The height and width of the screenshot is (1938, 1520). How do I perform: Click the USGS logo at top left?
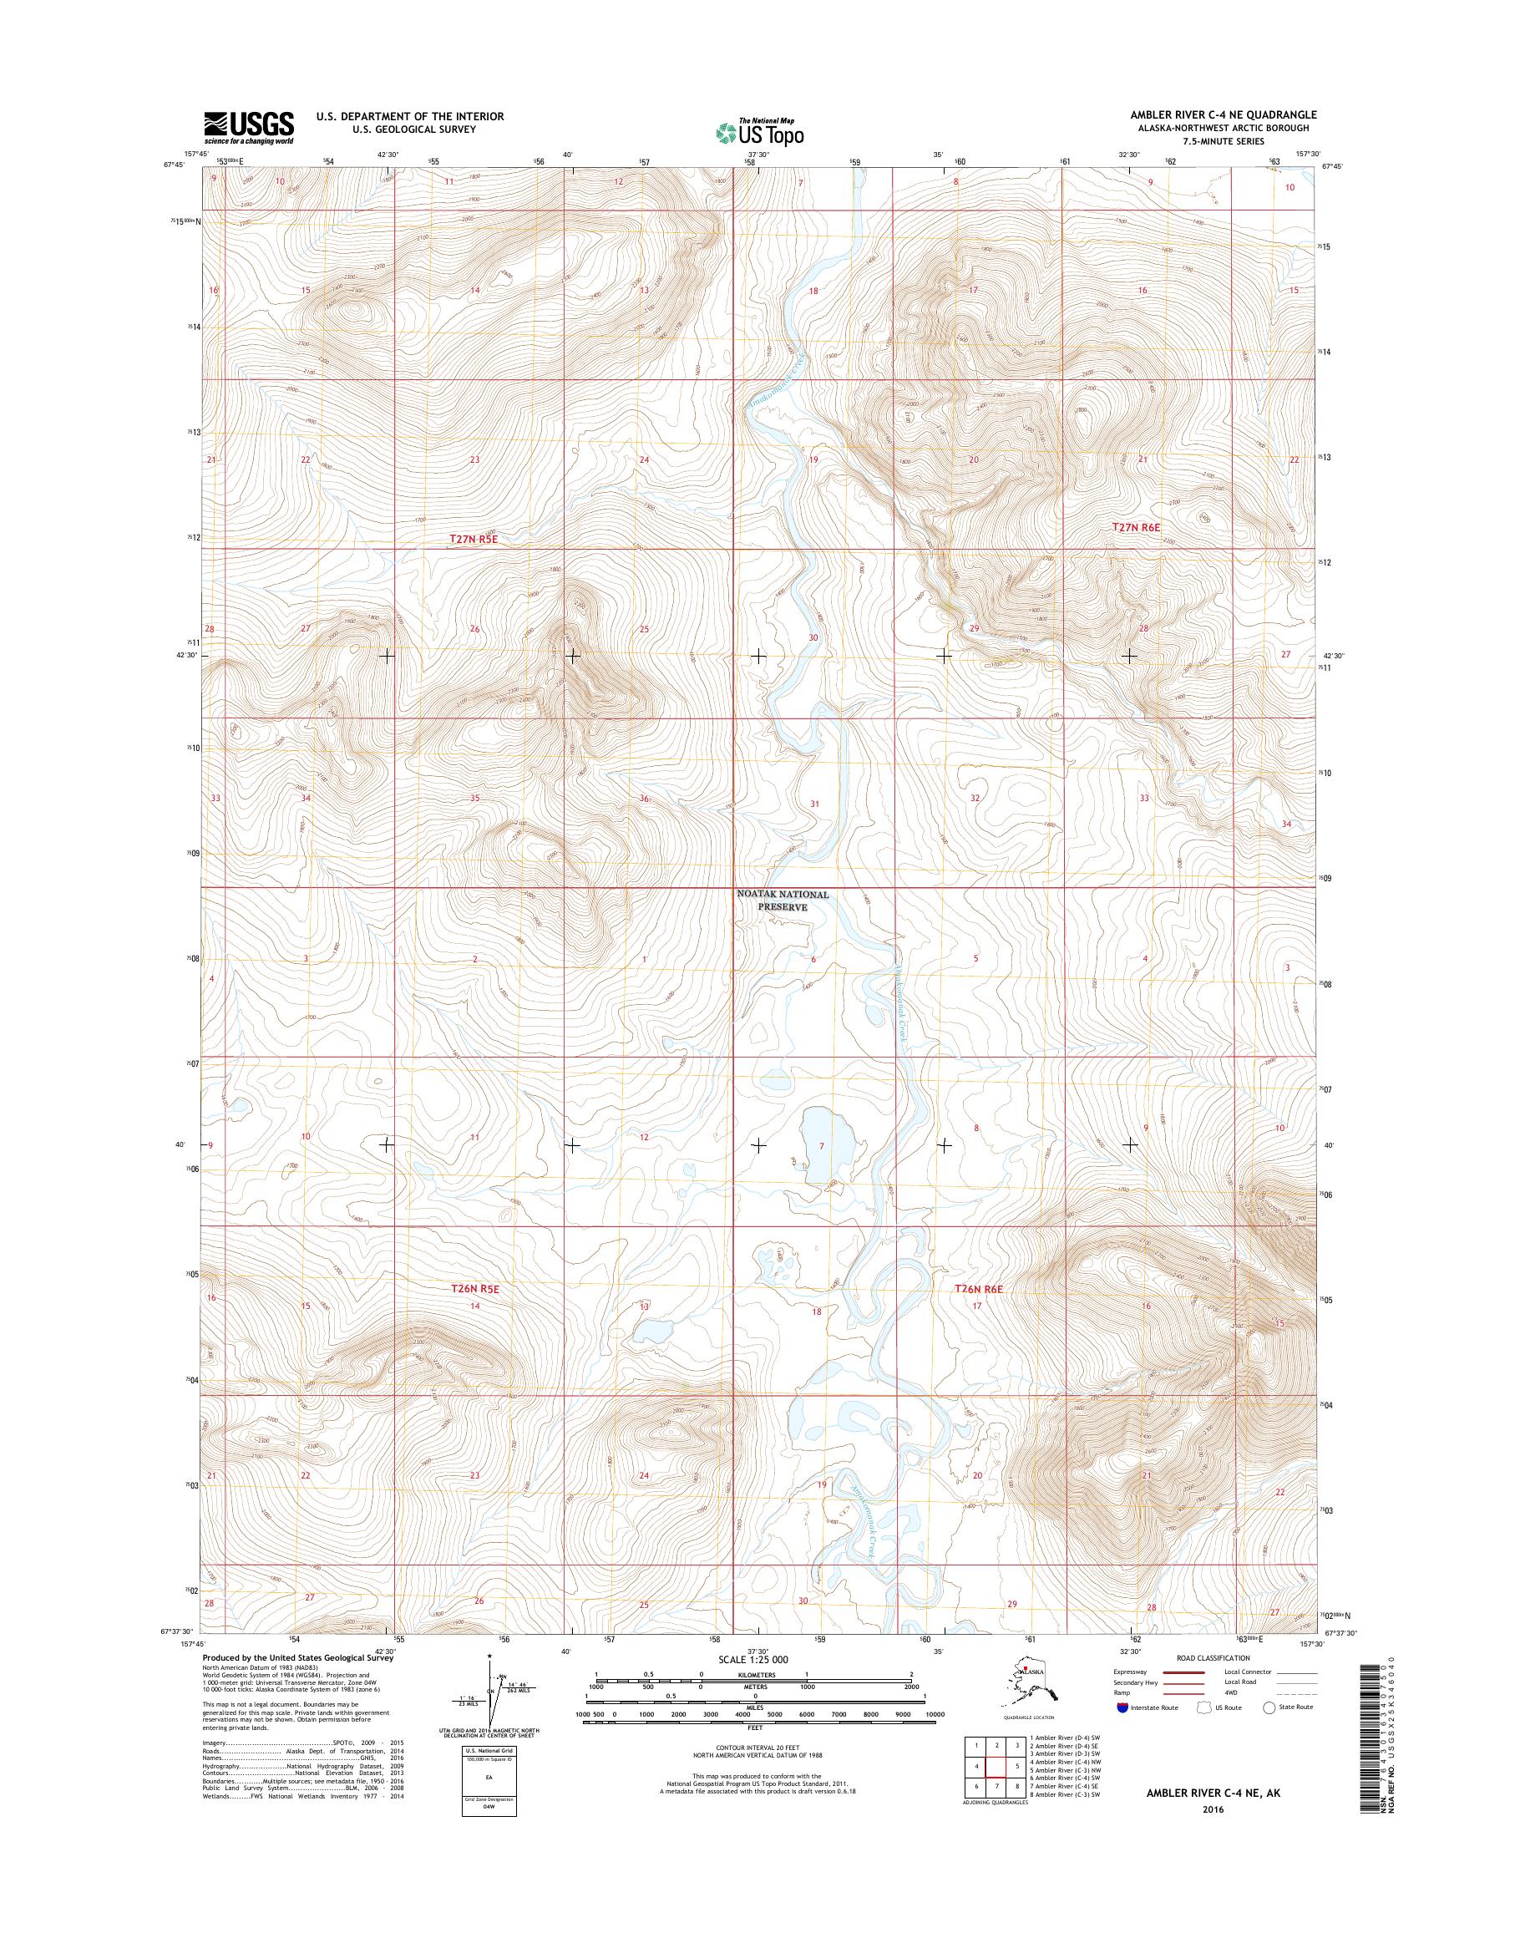248,127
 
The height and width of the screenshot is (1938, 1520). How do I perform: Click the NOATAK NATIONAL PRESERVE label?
783,901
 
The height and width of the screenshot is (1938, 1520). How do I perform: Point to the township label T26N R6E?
979,1289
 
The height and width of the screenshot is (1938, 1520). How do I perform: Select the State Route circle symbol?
1268,1707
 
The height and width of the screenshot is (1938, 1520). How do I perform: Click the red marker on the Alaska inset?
1026,1666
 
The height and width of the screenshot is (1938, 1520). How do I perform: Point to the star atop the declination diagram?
489,1656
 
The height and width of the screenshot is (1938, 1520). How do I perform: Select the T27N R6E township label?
1137,527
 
